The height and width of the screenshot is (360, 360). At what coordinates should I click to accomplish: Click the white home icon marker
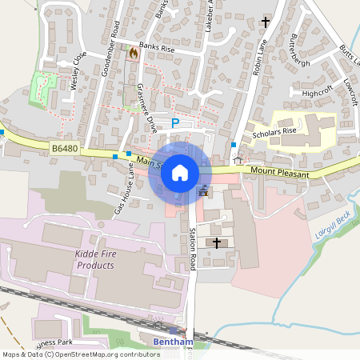coord(180,172)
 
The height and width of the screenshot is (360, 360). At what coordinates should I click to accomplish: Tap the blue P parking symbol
coord(175,123)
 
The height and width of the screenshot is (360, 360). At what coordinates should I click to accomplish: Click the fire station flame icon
coord(133,52)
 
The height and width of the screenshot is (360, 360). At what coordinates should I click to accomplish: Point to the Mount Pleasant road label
coord(279,170)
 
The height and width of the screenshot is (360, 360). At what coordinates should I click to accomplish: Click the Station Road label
coord(193,250)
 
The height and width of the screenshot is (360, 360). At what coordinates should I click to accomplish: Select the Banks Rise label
coord(157,48)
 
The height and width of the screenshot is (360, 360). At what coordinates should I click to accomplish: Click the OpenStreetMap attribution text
coord(81,354)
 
